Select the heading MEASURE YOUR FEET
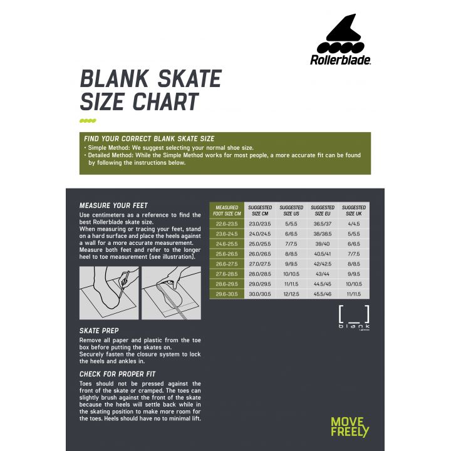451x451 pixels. [113, 205]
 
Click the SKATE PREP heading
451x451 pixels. [99, 330]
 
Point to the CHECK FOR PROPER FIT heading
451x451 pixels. [118, 374]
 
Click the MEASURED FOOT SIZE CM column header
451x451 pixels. [226, 210]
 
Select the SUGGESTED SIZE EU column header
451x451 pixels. [323, 210]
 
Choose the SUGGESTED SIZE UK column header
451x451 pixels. [354, 210]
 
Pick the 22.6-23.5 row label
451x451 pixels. [226, 223]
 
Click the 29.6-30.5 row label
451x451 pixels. [226, 294]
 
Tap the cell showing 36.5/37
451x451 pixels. [323, 223]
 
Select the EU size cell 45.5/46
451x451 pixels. [323, 294]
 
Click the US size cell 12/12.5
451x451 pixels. [291, 294]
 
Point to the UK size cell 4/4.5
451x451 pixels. [354, 223]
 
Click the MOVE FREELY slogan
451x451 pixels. [350, 427]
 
